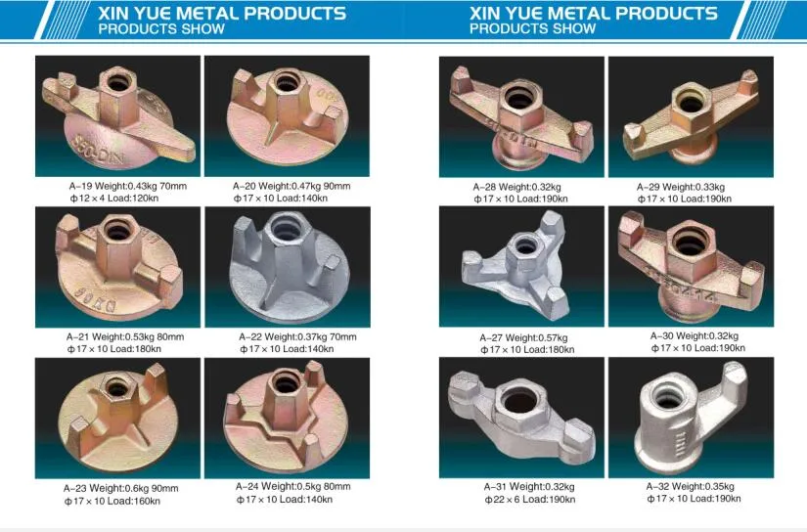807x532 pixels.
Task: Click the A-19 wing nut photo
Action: (x=117, y=115)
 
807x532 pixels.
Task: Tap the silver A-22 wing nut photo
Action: (x=287, y=267)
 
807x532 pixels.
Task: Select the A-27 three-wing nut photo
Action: (x=521, y=267)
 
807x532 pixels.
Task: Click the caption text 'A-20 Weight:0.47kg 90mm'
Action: (x=291, y=186)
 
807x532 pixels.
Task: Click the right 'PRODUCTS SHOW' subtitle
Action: (x=533, y=29)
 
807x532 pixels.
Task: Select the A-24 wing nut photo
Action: (x=287, y=418)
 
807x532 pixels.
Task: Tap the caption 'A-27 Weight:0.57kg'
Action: (x=522, y=337)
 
